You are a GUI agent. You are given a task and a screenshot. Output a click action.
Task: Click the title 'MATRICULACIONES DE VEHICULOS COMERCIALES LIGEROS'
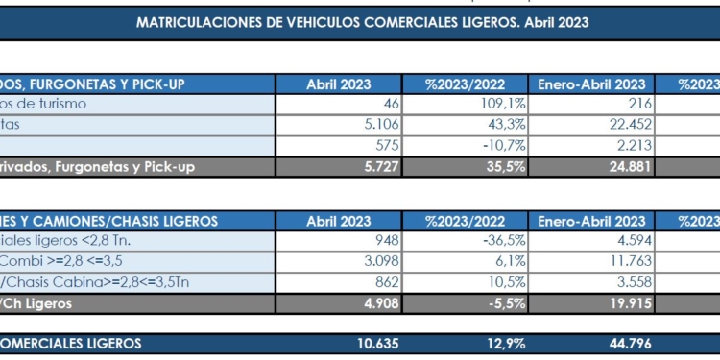click(363, 20)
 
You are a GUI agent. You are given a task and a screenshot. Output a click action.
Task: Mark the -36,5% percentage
click(501, 240)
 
